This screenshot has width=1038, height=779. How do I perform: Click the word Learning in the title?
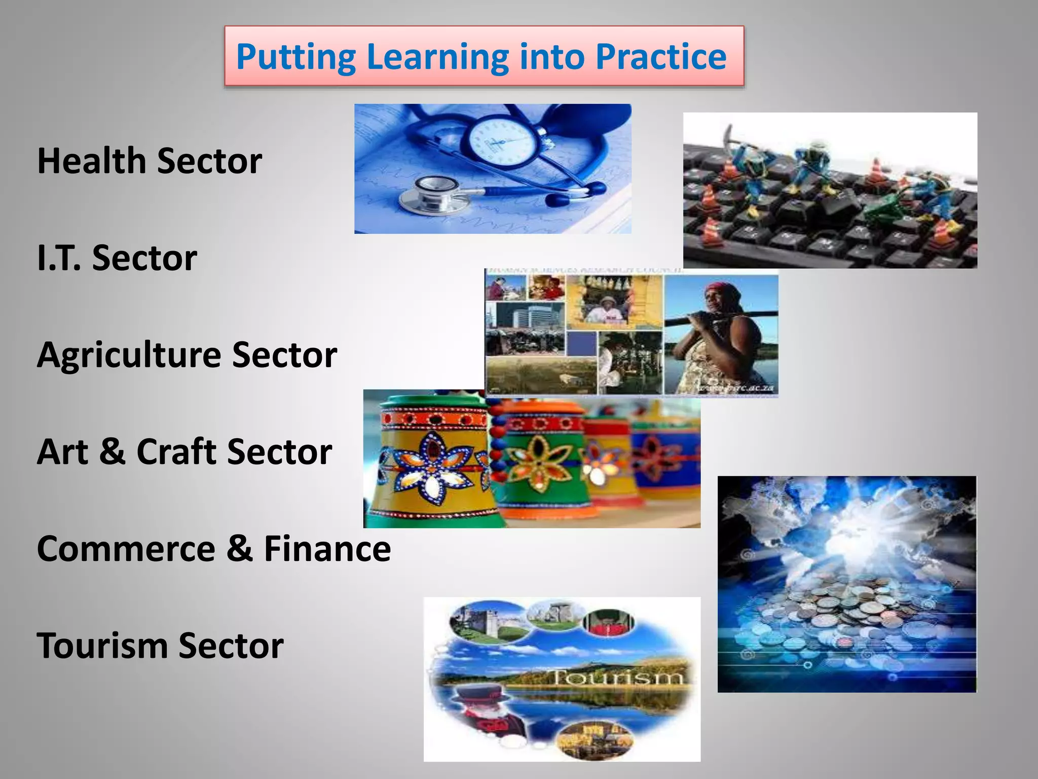tap(437, 57)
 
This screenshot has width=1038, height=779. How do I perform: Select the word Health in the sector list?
tap(91, 161)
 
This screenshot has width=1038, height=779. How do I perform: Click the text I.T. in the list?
tap(59, 258)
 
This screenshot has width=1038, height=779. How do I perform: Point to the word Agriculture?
tap(129, 355)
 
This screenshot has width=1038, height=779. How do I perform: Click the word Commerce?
tap(126, 549)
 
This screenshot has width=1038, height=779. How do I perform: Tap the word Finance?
tap(327, 549)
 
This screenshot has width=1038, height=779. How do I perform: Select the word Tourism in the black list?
tap(102, 646)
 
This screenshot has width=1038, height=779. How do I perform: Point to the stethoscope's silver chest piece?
tap(431, 193)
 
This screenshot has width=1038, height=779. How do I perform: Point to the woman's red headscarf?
tap(722, 291)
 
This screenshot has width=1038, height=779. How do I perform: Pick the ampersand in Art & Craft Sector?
tap(112, 451)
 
